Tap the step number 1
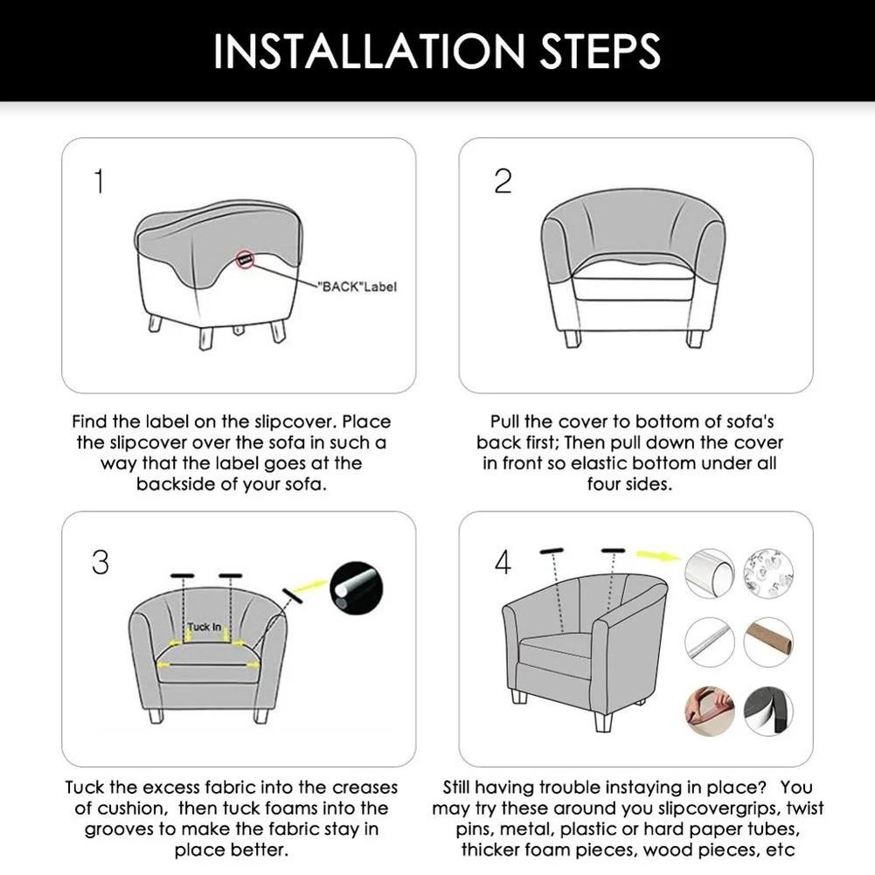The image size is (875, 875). [100, 182]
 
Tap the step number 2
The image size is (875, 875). [503, 182]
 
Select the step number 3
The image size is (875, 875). [101, 563]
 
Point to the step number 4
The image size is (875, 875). [503, 563]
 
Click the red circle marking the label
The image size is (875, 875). [246, 260]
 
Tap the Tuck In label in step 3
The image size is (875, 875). [205, 628]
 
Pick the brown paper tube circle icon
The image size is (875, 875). [767, 642]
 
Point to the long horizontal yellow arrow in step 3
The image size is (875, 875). [206, 664]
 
